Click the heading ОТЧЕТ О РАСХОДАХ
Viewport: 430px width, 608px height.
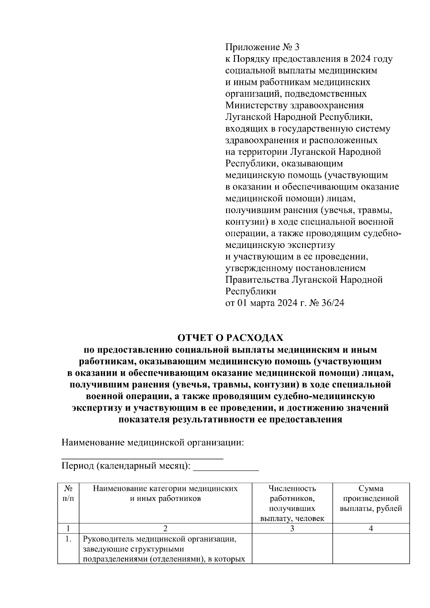pos(230,338)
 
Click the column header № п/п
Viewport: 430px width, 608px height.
pos(68,493)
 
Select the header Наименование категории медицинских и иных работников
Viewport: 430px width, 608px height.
pos(165,493)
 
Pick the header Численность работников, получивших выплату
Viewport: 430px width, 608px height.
pos(292,503)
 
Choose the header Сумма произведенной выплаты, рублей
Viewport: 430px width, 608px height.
pos(371,498)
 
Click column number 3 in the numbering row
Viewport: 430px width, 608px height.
pos(292,528)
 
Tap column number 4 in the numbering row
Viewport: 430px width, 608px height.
pos(371,528)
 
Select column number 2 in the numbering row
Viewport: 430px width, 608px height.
pos(165,528)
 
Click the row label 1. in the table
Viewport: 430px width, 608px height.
pos(69,539)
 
